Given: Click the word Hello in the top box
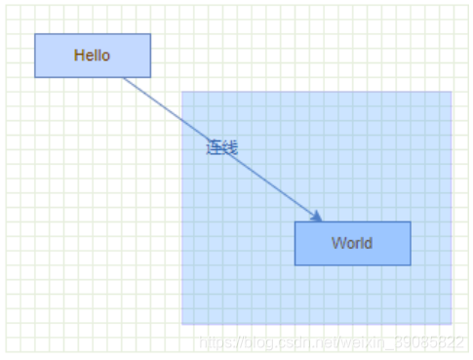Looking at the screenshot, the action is [92, 56].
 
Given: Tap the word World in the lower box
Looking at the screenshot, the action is [351, 243].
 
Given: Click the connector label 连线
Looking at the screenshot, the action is [221, 148].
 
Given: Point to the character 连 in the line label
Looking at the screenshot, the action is [214, 148].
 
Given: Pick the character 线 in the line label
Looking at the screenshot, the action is [229, 148].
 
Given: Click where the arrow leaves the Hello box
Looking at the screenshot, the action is [124, 78].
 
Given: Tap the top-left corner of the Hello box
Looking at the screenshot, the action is [35, 34].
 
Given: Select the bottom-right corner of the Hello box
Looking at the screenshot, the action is [150, 77].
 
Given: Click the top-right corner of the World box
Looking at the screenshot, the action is [411, 222].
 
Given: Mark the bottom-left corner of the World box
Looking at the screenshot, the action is [296, 264].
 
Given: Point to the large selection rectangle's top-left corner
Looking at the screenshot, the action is [182, 93].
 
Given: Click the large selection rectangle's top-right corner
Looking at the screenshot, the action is [452, 93].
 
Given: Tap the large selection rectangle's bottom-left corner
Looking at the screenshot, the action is [182, 324].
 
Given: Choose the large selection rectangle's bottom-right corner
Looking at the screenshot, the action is [452, 324].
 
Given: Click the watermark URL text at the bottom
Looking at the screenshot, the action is [332, 342].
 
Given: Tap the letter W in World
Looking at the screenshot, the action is [336, 243].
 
